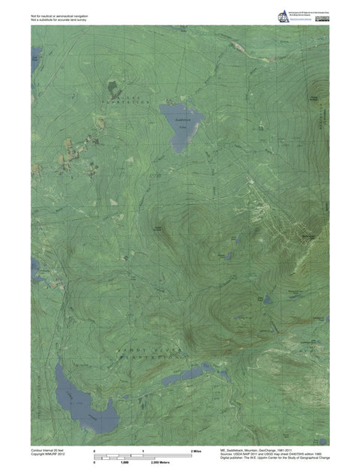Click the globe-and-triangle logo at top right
pyautogui.click(x=283, y=15)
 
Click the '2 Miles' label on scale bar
pyautogui.click(x=197, y=450)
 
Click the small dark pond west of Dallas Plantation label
pyautogui.click(x=112, y=87)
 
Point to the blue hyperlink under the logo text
pyautogui.click(x=302, y=21)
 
